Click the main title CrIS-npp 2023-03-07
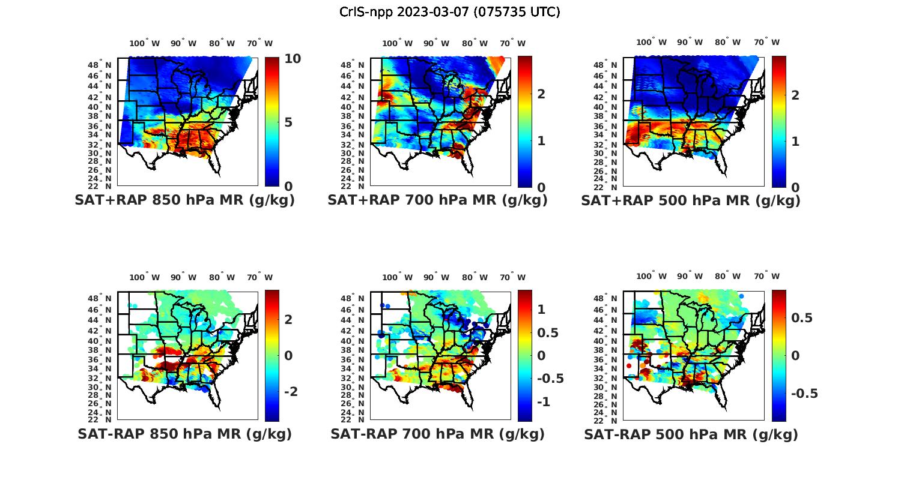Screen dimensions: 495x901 (449, 12)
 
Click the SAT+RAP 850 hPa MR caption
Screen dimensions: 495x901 (184, 200)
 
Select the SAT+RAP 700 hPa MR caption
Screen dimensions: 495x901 (437, 200)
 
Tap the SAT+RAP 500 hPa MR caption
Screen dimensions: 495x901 (691, 200)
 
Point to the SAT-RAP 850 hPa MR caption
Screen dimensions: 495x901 (184, 434)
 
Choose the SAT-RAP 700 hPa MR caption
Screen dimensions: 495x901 (437, 434)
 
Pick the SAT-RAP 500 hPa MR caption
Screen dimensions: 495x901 (691, 434)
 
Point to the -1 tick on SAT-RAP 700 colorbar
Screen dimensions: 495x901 (542, 401)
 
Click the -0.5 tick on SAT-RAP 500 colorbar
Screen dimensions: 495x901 (804, 393)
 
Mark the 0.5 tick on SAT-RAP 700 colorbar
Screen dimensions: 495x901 (547, 332)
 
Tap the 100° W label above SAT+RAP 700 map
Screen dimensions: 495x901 (397, 43)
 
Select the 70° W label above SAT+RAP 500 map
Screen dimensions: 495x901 (766, 42)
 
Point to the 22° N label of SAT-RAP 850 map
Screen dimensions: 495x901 (100, 419)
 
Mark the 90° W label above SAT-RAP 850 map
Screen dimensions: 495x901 (183, 277)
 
